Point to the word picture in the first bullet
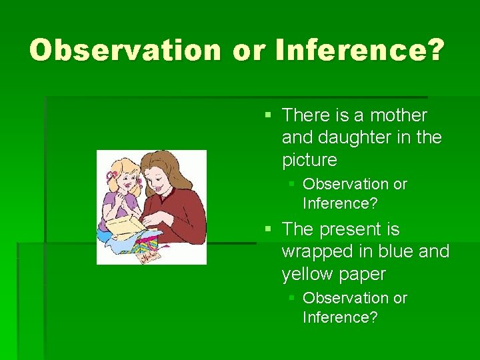(309, 161)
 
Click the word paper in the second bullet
(363, 275)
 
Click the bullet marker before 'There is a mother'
(268, 116)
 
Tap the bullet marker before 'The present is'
(268, 230)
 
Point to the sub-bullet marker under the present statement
(291, 299)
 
